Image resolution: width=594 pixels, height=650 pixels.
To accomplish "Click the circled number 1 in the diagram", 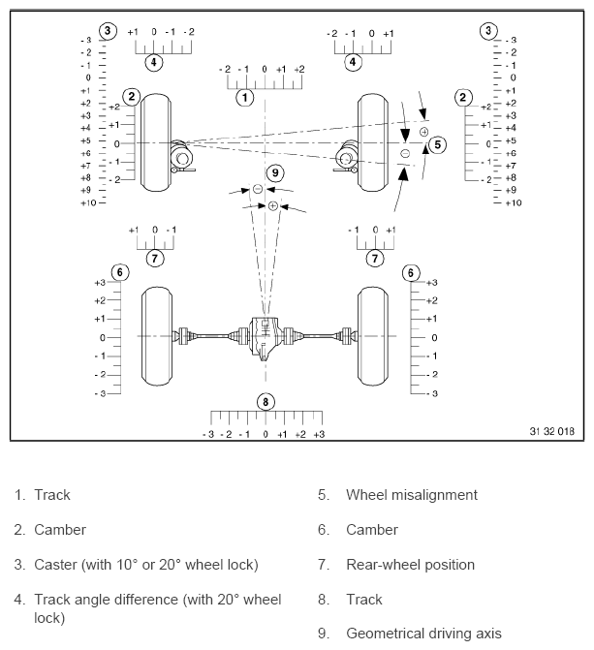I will pyautogui.click(x=245, y=97).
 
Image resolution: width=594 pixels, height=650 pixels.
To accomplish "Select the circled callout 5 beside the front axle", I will pyautogui.click(x=437, y=144).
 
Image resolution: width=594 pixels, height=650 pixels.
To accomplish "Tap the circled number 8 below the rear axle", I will pyautogui.click(x=266, y=402).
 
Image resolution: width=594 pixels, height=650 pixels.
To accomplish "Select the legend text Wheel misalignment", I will pyautogui.click(x=411, y=495).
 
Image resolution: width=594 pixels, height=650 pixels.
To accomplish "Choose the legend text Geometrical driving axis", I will pyautogui.click(x=423, y=635).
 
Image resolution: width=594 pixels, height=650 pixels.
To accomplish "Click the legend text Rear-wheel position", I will pyautogui.click(x=410, y=565).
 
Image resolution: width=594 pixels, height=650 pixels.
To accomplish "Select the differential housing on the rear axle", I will pyautogui.click(x=265, y=336).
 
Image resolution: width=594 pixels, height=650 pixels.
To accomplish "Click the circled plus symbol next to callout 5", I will pyautogui.click(x=423, y=131).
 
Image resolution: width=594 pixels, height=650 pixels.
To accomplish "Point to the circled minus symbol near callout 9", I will pyautogui.click(x=258, y=188).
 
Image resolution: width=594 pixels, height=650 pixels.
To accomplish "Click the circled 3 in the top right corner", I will pyautogui.click(x=487, y=31).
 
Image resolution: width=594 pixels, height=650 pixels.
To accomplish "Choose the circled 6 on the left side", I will pyautogui.click(x=119, y=272).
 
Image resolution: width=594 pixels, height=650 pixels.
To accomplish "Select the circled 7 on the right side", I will pyautogui.click(x=374, y=258).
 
